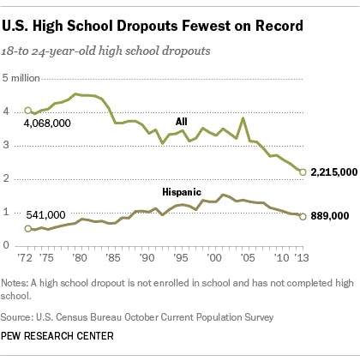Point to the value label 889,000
point(329,217)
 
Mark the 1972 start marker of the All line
point(28,111)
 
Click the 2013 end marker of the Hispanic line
point(302,216)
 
